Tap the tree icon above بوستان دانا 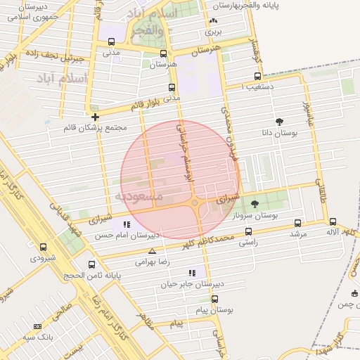point(280,122)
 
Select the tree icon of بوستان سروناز point(255,203)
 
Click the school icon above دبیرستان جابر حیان point(191,273)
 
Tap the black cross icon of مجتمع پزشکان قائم point(96,116)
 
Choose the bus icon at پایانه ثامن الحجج point(92,265)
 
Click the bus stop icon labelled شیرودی point(44,247)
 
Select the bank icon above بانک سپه point(37,326)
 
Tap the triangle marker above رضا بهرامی point(152,251)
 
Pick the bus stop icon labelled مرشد point(298,223)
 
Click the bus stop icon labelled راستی point(248,231)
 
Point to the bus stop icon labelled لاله point(332,221)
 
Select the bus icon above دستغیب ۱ point(257,77)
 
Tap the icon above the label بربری point(213,21)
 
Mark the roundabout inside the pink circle point(197,204)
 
